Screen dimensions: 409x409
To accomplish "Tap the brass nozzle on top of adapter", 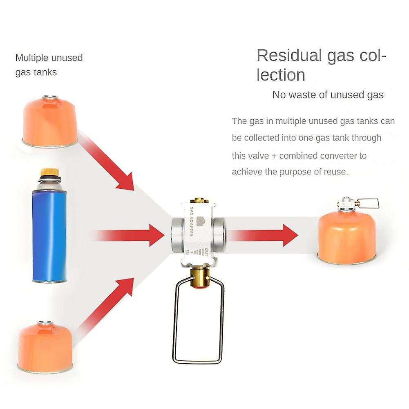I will pyautogui.click(x=200, y=201).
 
